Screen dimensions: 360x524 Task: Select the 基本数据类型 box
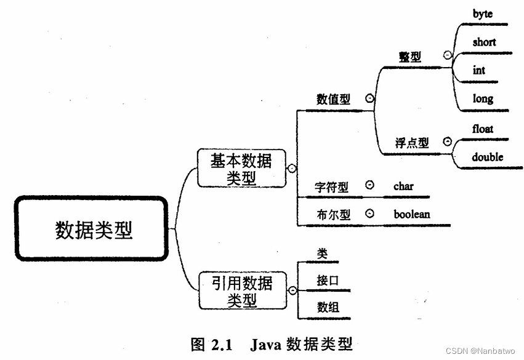pos(241,168)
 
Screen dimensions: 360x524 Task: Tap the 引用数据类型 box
pos(241,291)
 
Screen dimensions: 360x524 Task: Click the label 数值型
pos(333,100)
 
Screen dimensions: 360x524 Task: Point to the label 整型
pos(410,57)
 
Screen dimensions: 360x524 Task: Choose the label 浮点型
pos(411,143)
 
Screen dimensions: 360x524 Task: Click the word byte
pos(483,14)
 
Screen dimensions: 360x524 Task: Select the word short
pos(484,42)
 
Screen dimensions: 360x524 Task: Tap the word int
pos(479,70)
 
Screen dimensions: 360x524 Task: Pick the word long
pos(483,98)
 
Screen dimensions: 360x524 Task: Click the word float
pos(483,129)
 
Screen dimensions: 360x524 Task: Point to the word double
pos(488,157)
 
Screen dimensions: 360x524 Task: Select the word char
pos(404,185)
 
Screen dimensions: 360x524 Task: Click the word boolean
pos(412,214)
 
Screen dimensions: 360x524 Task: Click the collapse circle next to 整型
pos(448,55)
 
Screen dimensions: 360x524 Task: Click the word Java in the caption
pos(265,343)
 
